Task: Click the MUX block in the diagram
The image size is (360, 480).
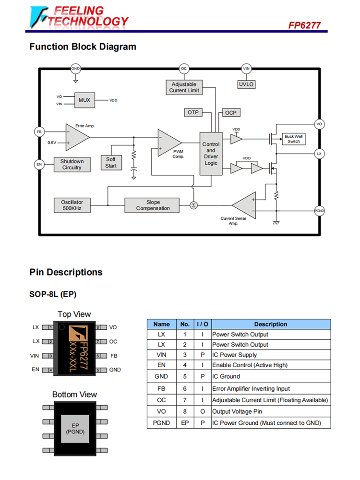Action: tap(84, 100)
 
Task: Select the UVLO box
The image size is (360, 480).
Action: tap(246, 84)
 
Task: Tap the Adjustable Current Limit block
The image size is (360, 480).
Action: tap(184, 87)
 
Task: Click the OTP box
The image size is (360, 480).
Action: tap(193, 112)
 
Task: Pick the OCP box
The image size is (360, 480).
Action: tap(231, 112)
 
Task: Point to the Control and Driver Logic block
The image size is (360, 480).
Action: tap(211, 154)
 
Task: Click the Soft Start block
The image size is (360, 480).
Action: tap(111, 163)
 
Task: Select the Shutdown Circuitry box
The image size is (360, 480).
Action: tap(72, 164)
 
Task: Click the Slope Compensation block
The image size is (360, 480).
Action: tap(152, 205)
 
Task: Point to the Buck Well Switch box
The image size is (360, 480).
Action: tap(293, 139)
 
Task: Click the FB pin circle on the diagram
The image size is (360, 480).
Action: tap(39, 132)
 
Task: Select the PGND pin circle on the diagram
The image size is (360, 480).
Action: tap(319, 211)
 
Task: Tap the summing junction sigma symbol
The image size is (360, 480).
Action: tap(193, 205)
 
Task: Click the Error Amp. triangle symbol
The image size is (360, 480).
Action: tap(77, 137)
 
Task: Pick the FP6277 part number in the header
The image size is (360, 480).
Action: tap(304, 25)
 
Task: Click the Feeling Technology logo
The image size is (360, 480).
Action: tap(79, 16)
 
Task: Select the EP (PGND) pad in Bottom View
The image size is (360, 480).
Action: tap(75, 429)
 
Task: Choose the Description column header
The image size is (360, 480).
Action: tap(271, 324)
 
